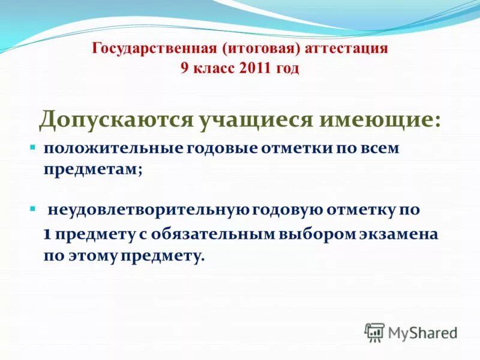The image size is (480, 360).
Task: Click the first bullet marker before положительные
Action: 34,147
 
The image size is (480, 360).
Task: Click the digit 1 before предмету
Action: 47,234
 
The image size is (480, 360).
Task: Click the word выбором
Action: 313,234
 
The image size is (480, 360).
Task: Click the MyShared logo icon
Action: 375,332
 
